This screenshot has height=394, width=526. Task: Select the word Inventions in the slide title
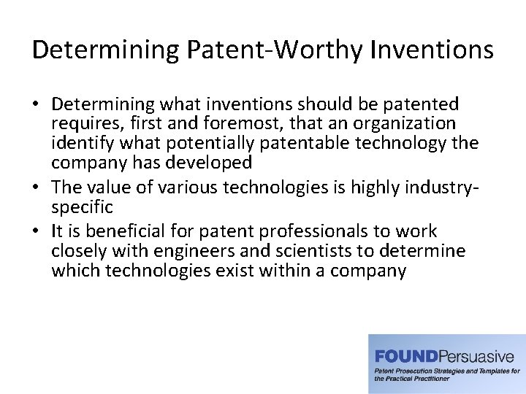pos(432,50)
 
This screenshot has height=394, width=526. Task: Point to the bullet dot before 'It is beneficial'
pos(38,231)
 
